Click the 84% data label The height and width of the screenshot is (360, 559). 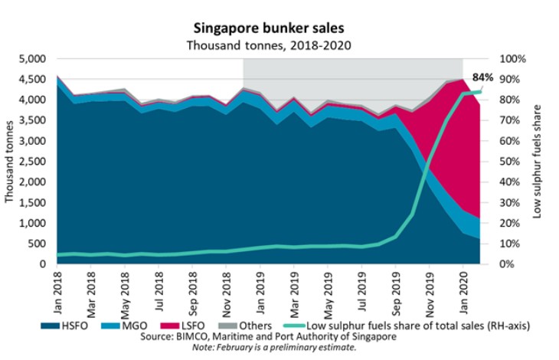tap(482, 77)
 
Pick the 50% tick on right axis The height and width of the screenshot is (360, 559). tap(510, 162)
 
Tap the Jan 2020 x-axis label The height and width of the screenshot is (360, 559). tap(463, 286)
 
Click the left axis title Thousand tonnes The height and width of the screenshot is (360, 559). tap(10, 161)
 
